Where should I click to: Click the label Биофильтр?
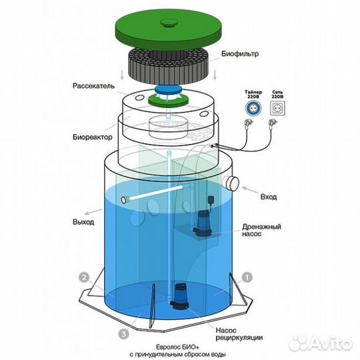click(x=240, y=54)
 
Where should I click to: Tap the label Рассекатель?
click(x=93, y=86)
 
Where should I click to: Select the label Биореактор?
click(x=93, y=137)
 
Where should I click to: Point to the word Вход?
click(x=269, y=197)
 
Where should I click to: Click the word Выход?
click(x=83, y=222)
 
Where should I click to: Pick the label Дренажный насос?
click(x=261, y=230)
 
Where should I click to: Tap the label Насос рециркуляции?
click(x=239, y=334)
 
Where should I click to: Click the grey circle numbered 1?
click(x=247, y=278)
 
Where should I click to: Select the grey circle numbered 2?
click(x=84, y=278)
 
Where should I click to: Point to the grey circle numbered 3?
click(x=124, y=334)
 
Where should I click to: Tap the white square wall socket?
click(x=277, y=109)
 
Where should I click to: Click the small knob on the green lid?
click(x=169, y=22)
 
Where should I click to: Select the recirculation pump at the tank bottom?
click(x=180, y=296)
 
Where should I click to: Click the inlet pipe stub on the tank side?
click(x=231, y=183)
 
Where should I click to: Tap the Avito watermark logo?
click(x=321, y=343)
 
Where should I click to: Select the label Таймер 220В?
click(x=253, y=95)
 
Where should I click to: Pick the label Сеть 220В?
click(x=277, y=95)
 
